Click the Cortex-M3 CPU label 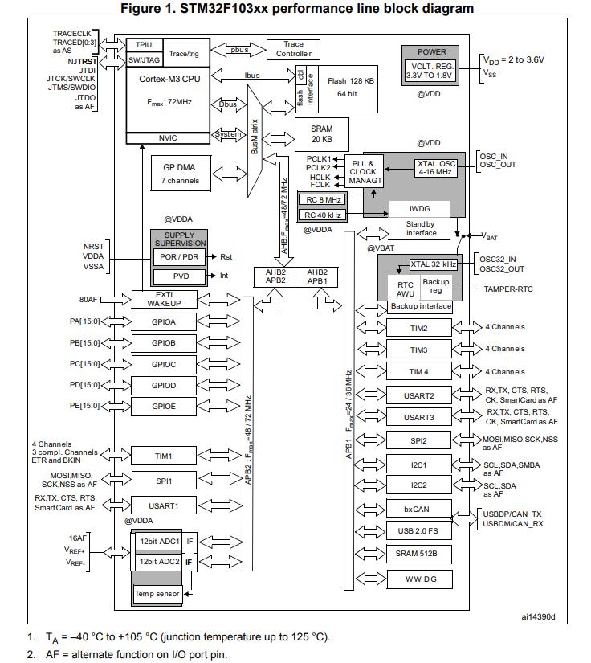(x=169, y=79)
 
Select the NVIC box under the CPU (x=168, y=138)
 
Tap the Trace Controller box (x=293, y=50)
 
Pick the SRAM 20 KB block (x=321, y=134)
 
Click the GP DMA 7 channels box (x=181, y=174)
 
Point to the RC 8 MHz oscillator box (x=323, y=199)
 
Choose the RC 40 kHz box (x=323, y=215)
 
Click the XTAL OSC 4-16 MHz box (x=436, y=168)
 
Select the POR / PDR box (x=179, y=257)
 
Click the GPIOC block (x=164, y=365)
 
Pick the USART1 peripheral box (x=164, y=505)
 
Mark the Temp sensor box (x=157, y=594)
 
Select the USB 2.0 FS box (x=418, y=531)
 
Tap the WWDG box (x=420, y=579)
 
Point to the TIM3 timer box (x=418, y=350)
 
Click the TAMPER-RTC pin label (x=508, y=289)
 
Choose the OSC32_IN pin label (x=498, y=260)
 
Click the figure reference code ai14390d (x=538, y=617)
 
